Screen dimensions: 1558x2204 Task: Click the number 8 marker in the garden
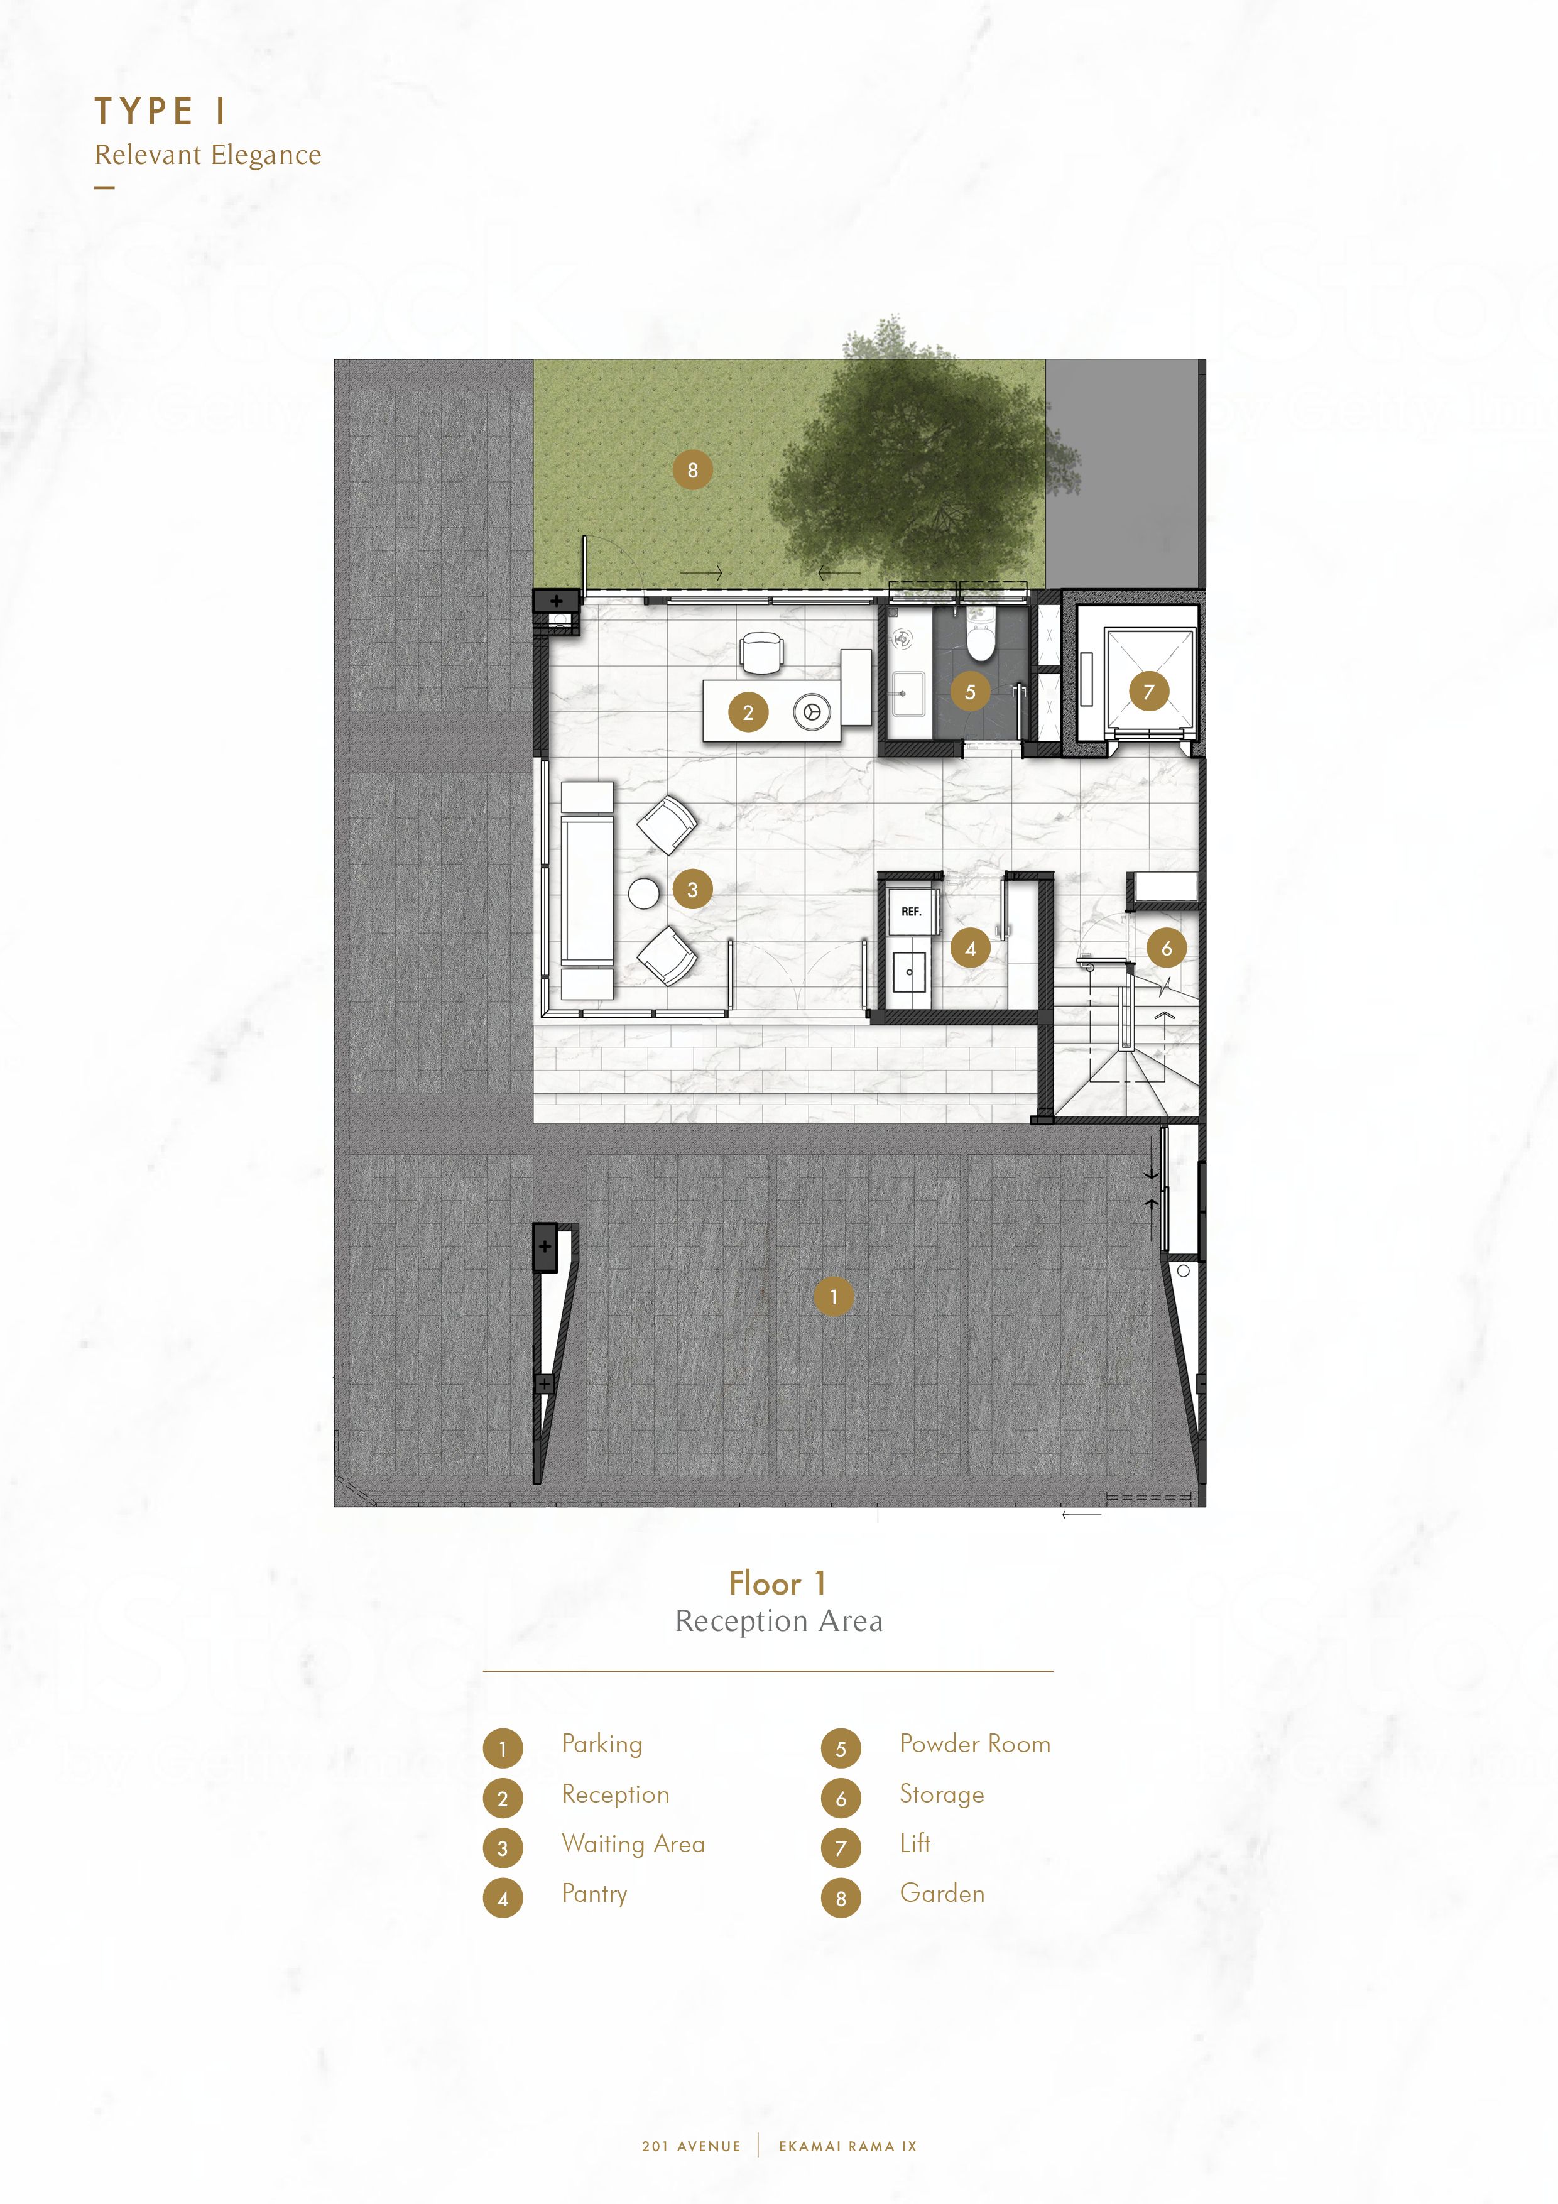point(692,471)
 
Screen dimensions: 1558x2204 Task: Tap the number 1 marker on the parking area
point(833,1297)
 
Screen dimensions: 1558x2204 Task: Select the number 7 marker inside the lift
point(1149,691)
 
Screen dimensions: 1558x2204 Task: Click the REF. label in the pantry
point(911,912)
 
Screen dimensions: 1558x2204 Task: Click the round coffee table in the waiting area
point(644,893)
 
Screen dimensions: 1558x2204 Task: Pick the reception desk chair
point(762,653)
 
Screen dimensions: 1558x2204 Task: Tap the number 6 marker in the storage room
point(1167,949)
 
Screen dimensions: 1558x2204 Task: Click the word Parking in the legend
point(602,1744)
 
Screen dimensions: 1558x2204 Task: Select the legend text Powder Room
point(975,1743)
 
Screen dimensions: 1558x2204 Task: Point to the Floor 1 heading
point(778,1583)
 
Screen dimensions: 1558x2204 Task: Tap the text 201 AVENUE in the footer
point(691,2146)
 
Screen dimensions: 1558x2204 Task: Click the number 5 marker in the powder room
point(969,691)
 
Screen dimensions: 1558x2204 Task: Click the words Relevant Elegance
point(207,155)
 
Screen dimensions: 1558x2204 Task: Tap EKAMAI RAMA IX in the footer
point(847,2146)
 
